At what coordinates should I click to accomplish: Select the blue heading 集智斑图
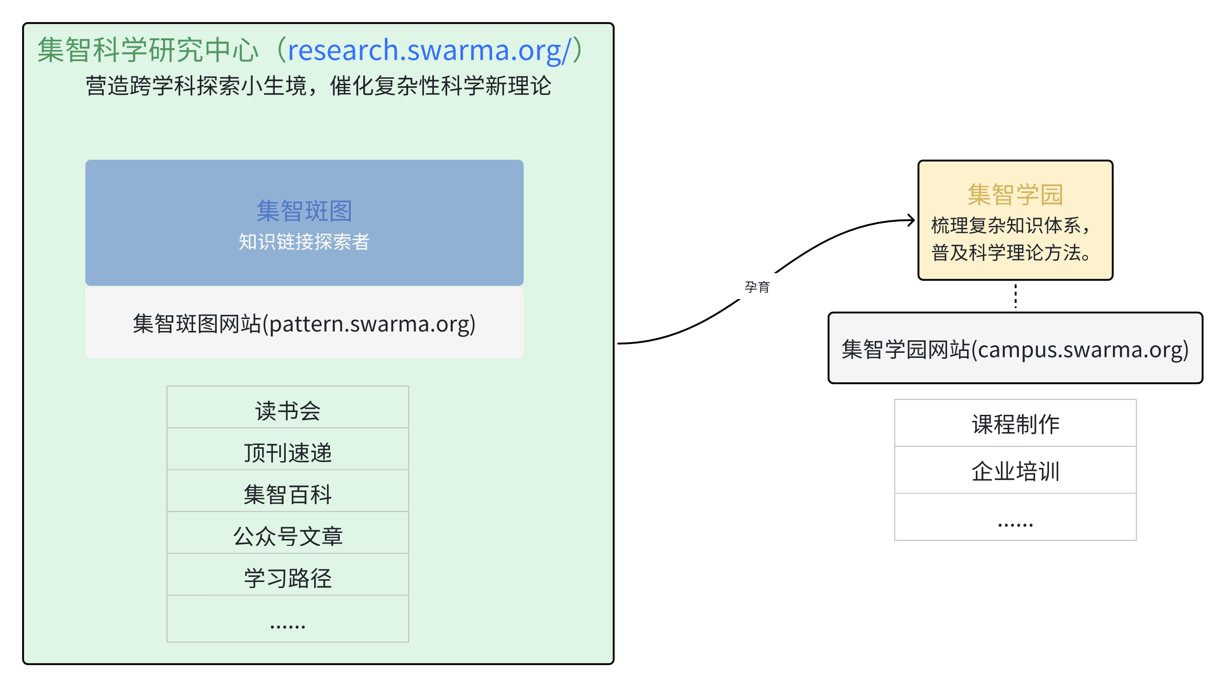pos(304,211)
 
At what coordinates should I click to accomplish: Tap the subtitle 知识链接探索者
pos(304,242)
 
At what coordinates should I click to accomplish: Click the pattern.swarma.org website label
pos(304,324)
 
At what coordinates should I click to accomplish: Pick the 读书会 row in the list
pos(287,411)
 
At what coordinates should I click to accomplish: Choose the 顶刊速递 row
pos(287,453)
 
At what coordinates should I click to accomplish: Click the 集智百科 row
pos(287,494)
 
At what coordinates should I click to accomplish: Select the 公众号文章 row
pos(287,536)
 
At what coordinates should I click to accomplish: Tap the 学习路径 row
pos(287,578)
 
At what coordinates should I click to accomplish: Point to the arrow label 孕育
pos(757,287)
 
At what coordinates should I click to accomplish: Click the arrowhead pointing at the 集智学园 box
pos(910,220)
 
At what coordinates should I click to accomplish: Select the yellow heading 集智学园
pos(1015,194)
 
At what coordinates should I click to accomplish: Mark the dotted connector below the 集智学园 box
pos(1015,296)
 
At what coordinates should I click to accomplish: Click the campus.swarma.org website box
pos(1015,349)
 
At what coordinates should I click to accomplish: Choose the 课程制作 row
pos(1015,424)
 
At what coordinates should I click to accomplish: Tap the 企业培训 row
pos(1015,471)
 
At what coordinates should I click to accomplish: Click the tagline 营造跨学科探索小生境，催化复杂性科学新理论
pos(318,86)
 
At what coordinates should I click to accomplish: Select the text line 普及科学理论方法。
pos(1011,252)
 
